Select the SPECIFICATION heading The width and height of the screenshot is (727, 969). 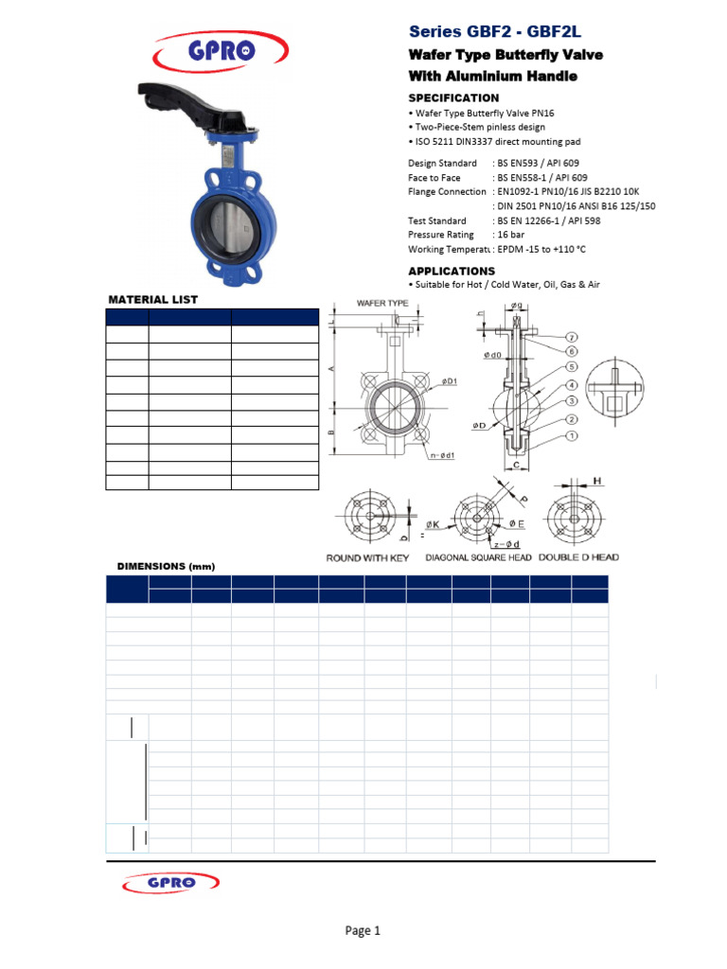point(453,98)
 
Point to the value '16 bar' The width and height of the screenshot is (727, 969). point(512,235)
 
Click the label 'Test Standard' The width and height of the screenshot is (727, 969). point(437,220)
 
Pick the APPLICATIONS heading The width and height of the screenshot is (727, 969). point(452,272)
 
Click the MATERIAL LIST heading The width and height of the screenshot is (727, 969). point(152,299)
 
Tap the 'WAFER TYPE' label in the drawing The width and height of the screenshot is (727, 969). point(382,303)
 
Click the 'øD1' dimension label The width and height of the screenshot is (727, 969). point(449,381)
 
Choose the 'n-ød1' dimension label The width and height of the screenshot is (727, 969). point(442,456)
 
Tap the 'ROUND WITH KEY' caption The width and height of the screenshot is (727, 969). point(368,558)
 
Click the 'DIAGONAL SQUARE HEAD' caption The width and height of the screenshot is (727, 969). point(480,558)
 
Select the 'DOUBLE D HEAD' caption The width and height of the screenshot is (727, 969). point(578,557)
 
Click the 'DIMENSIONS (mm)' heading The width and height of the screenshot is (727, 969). point(166,567)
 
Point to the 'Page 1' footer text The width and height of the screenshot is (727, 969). point(363,931)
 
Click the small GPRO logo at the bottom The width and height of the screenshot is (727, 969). point(171,883)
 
